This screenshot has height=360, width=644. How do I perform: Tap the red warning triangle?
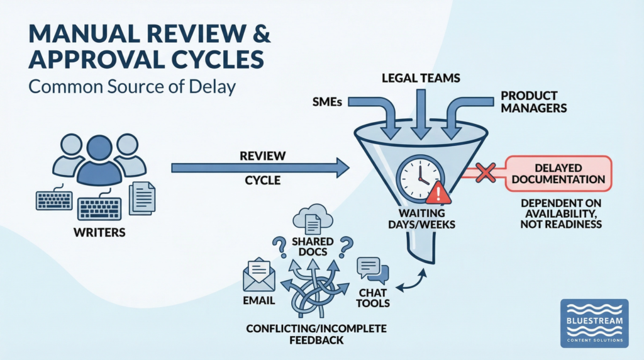439,193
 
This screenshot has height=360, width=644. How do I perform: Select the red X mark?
485,172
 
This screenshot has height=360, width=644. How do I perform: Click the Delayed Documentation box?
557,173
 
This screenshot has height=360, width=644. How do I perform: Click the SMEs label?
326,103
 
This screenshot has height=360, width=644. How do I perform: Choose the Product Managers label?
533,103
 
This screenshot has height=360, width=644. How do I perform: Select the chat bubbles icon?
373,271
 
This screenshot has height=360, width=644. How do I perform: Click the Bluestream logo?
594,322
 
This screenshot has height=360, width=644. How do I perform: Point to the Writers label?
99,233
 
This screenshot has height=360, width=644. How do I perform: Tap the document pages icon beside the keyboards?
142,197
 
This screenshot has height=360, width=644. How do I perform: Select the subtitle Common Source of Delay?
131,86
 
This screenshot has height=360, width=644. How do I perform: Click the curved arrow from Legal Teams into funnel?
418,113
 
